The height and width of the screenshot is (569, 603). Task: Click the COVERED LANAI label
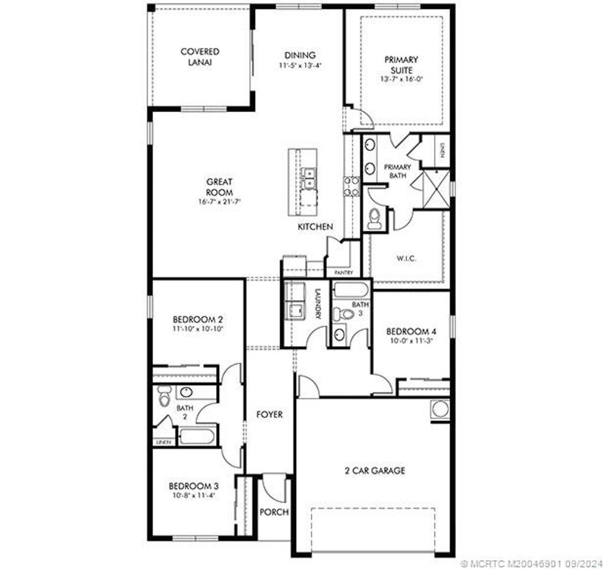(200, 57)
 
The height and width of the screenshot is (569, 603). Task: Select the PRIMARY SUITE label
(401, 64)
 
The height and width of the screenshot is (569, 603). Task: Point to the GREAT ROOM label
(219, 187)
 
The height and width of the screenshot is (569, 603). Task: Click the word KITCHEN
(315, 227)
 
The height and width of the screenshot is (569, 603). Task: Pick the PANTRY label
(343, 273)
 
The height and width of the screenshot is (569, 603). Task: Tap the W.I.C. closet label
(406, 258)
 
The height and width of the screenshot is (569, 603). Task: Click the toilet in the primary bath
(374, 219)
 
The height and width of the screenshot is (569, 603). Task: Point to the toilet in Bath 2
(164, 396)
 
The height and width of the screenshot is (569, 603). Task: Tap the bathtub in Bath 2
(197, 437)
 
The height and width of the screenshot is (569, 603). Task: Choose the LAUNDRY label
(317, 303)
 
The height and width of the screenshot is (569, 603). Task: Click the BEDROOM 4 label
(410, 331)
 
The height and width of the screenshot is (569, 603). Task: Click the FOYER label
(269, 414)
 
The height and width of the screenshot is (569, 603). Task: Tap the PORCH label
(274, 512)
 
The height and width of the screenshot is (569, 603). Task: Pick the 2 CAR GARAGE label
(375, 471)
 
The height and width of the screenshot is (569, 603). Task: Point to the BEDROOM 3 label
(194, 486)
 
